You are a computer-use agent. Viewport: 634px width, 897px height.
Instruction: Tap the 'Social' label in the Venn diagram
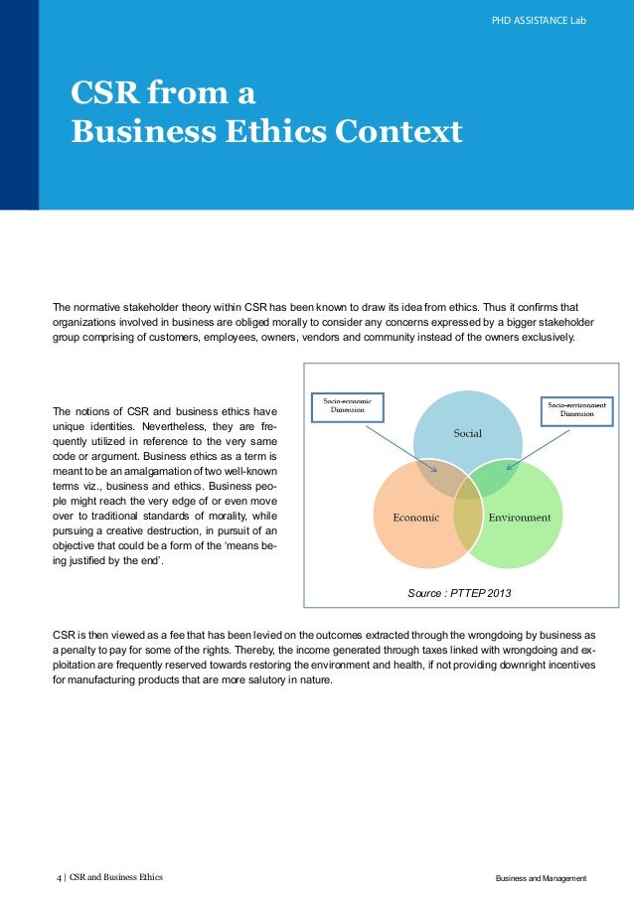467,434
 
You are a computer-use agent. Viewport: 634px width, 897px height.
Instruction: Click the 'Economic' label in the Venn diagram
416,518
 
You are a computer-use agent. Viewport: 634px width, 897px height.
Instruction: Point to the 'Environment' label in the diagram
519,518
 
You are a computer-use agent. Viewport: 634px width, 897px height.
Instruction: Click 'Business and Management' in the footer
541,879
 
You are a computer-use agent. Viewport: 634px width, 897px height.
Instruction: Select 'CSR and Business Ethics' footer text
115,878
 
